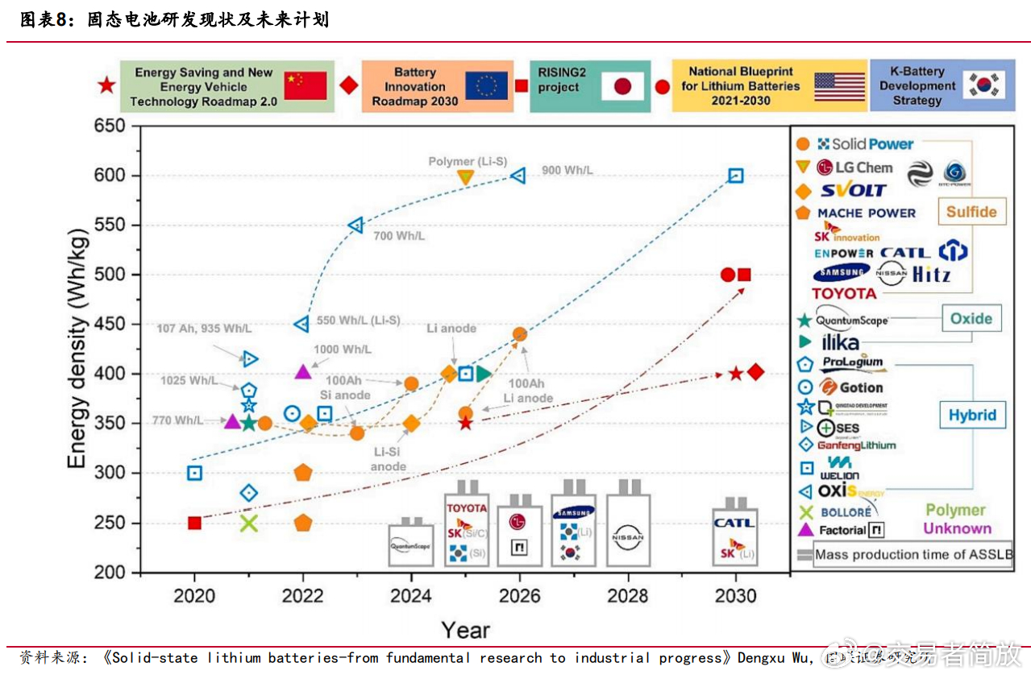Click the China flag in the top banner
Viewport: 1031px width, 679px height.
(306, 85)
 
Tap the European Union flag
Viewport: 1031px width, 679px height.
(486, 85)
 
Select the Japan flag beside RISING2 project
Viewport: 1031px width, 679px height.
(622, 85)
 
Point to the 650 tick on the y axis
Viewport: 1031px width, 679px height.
(110, 126)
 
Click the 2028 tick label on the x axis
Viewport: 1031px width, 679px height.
(627, 596)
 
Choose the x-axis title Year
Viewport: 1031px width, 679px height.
(465, 630)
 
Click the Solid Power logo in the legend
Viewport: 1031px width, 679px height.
(865, 144)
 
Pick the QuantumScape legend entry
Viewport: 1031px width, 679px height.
(852, 320)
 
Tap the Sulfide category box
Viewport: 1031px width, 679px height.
(971, 213)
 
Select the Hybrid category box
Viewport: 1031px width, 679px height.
(972, 416)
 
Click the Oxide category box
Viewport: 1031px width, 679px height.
(971, 318)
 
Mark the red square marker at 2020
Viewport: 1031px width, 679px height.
(194, 523)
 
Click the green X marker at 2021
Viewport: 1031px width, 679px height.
(249, 523)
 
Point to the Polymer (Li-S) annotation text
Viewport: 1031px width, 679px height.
(468, 161)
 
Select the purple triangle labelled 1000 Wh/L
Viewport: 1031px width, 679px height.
(303, 371)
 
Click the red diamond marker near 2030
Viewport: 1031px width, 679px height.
(756, 372)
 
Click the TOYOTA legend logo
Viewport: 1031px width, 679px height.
(844, 293)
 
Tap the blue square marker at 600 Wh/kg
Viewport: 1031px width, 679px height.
(736, 176)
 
